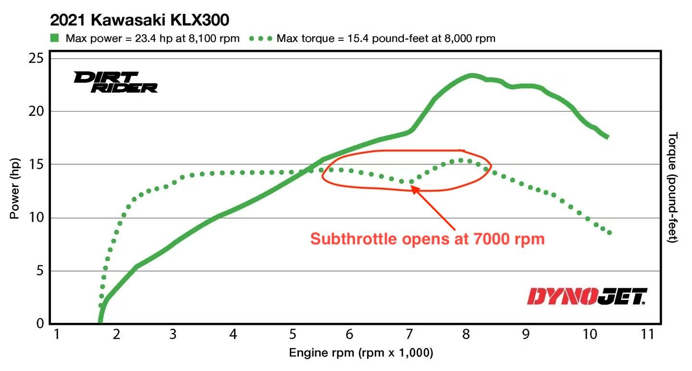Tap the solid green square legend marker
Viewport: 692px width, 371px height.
tap(55, 38)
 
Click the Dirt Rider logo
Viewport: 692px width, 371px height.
tap(115, 82)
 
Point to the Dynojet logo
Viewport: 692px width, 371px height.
tap(587, 297)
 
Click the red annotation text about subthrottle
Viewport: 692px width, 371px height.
tap(427, 239)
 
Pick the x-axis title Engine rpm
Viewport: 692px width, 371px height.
tap(361, 353)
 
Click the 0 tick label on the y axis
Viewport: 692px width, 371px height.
tap(40, 324)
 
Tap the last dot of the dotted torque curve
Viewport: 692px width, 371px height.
tap(609, 233)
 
